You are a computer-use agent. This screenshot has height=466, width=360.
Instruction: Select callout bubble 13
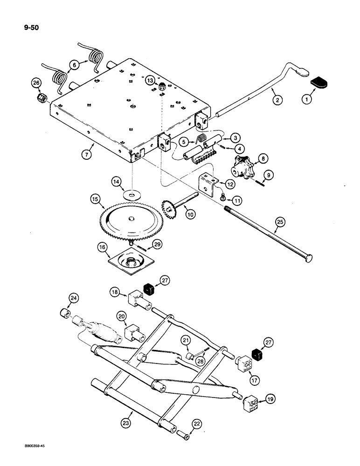pyautogui.click(x=149, y=80)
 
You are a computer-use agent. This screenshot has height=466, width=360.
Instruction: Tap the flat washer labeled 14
pyautogui.click(x=133, y=192)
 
